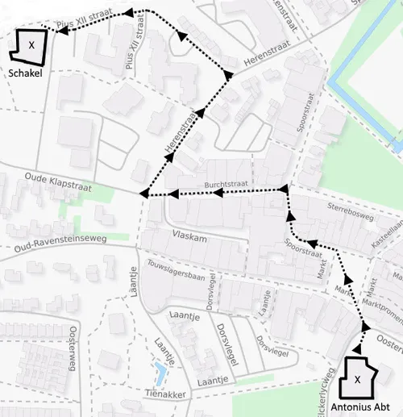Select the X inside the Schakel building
(31, 45)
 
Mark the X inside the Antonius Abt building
(357, 377)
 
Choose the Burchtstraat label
(226, 185)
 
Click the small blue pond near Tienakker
(160, 373)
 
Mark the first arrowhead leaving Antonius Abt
(366, 326)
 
